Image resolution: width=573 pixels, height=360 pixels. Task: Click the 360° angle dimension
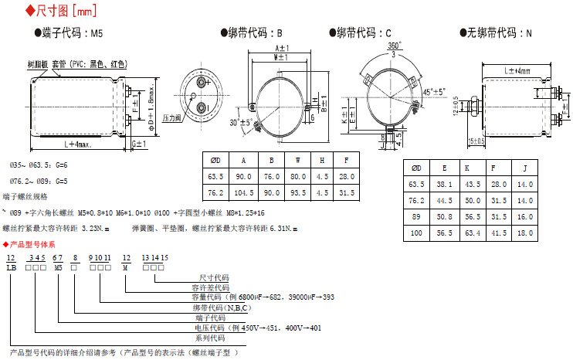(x=394, y=46)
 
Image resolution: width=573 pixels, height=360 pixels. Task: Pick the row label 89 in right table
(x=416, y=216)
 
